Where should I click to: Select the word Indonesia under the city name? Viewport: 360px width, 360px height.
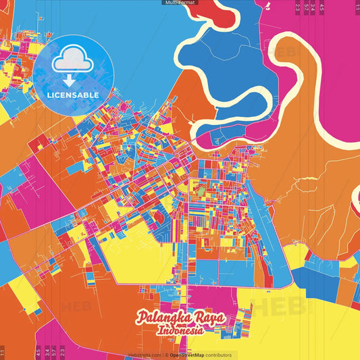pos(182,331)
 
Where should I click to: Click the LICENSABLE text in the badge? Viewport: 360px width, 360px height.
pos(73,95)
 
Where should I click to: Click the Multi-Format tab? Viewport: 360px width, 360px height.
pos(180,3)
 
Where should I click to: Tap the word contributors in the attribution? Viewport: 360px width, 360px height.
pos(217,355)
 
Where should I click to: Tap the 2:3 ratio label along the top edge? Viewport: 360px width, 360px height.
pos(297,8)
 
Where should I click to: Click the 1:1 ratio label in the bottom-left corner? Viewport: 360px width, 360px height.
pos(3,352)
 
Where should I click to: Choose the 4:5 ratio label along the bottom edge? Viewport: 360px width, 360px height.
pos(38,352)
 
